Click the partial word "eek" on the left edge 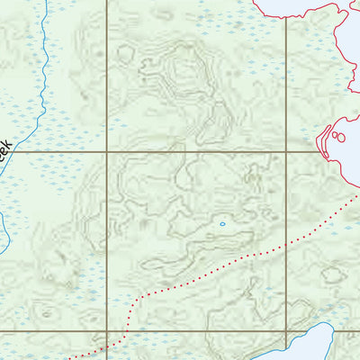[x=5, y=148]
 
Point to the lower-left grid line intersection [x=107, y=331]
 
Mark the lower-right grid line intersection [x=287, y=331]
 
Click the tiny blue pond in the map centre [x=222, y=223]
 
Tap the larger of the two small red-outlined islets [x=337, y=137]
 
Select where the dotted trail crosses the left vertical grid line [x=107, y=343]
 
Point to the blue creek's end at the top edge [x=45, y=2]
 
